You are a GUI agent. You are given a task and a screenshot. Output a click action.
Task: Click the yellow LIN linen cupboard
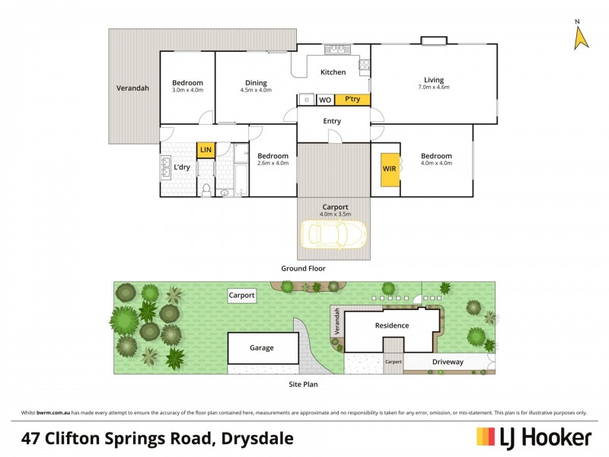pos(205,151)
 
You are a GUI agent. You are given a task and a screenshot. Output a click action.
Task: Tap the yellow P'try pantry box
pos(352,100)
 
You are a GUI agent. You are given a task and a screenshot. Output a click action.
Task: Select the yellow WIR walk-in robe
pos(389,169)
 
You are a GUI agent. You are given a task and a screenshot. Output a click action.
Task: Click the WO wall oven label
pos(324,100)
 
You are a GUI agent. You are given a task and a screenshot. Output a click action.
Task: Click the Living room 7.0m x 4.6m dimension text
pos(434,88)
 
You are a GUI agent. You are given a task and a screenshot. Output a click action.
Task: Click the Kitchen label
pos(333,72)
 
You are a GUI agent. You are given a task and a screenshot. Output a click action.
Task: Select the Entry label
pos(332,121)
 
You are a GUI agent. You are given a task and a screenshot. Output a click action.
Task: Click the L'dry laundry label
pos(182,168)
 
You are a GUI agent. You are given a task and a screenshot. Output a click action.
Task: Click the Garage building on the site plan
pos(262,348)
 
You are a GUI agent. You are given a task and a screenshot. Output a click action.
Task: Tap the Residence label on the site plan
pos(391,326)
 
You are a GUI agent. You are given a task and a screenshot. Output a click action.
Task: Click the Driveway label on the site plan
pos(448,362)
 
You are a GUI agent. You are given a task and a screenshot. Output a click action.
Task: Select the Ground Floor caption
pos(303,268)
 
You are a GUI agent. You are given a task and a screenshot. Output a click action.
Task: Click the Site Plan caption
pos(302,385)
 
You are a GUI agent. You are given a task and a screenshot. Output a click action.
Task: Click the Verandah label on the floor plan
pos(132,88)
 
